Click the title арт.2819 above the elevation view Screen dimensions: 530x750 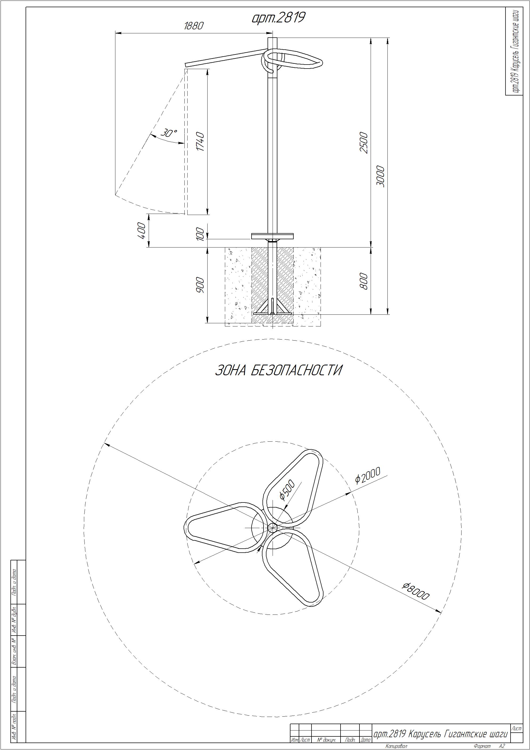coord(278,18)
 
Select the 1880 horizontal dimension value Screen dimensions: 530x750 coord(193,26)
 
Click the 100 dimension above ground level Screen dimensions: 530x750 coord(200,234)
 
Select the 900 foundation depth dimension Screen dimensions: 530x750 coord(200,285)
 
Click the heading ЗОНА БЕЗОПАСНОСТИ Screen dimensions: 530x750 coord(278,370)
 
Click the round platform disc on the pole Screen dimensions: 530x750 coord(272,236)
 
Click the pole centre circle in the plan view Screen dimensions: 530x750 coord(272,527)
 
